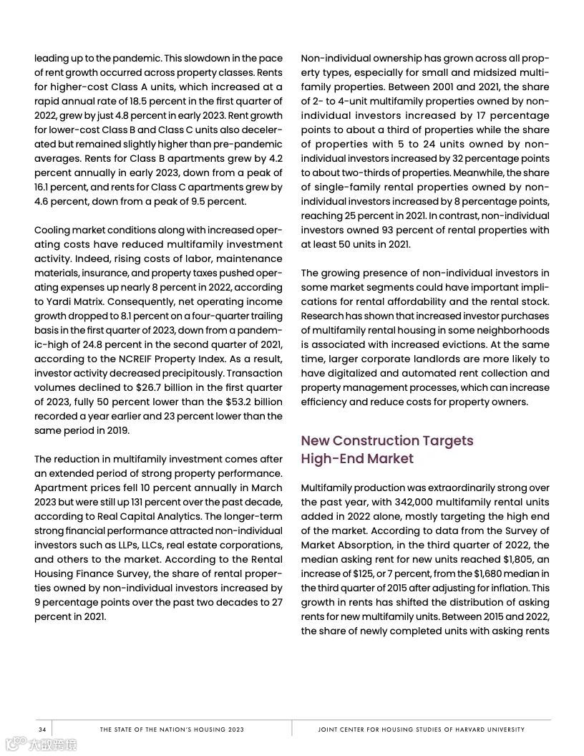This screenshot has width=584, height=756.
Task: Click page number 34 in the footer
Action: click(42, 730)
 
